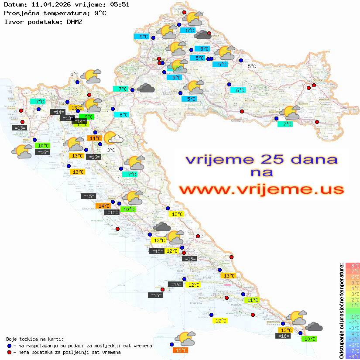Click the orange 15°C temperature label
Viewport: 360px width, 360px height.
tap(181, 350)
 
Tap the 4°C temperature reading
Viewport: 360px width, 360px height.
tap(74, 75)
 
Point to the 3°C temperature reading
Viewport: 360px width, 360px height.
tap(111, 150)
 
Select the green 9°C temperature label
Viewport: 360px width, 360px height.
tap(86, 117)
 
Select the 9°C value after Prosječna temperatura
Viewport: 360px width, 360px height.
tap(100, 13)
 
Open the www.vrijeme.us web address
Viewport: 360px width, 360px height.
tap(261, 189)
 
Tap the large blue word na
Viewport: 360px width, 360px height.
tap(262, 173)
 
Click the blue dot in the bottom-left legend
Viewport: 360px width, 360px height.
tap(9, 346)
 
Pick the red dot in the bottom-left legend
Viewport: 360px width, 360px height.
tap(9, 352)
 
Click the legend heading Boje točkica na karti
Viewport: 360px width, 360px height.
tap(35, 339)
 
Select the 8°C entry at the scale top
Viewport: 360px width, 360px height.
tap(353, 265)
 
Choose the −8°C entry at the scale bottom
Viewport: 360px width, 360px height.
tap(353, 356)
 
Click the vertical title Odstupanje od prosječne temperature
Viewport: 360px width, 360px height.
tap(342, 311)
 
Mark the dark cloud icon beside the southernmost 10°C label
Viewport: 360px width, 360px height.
tap(314, 327)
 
